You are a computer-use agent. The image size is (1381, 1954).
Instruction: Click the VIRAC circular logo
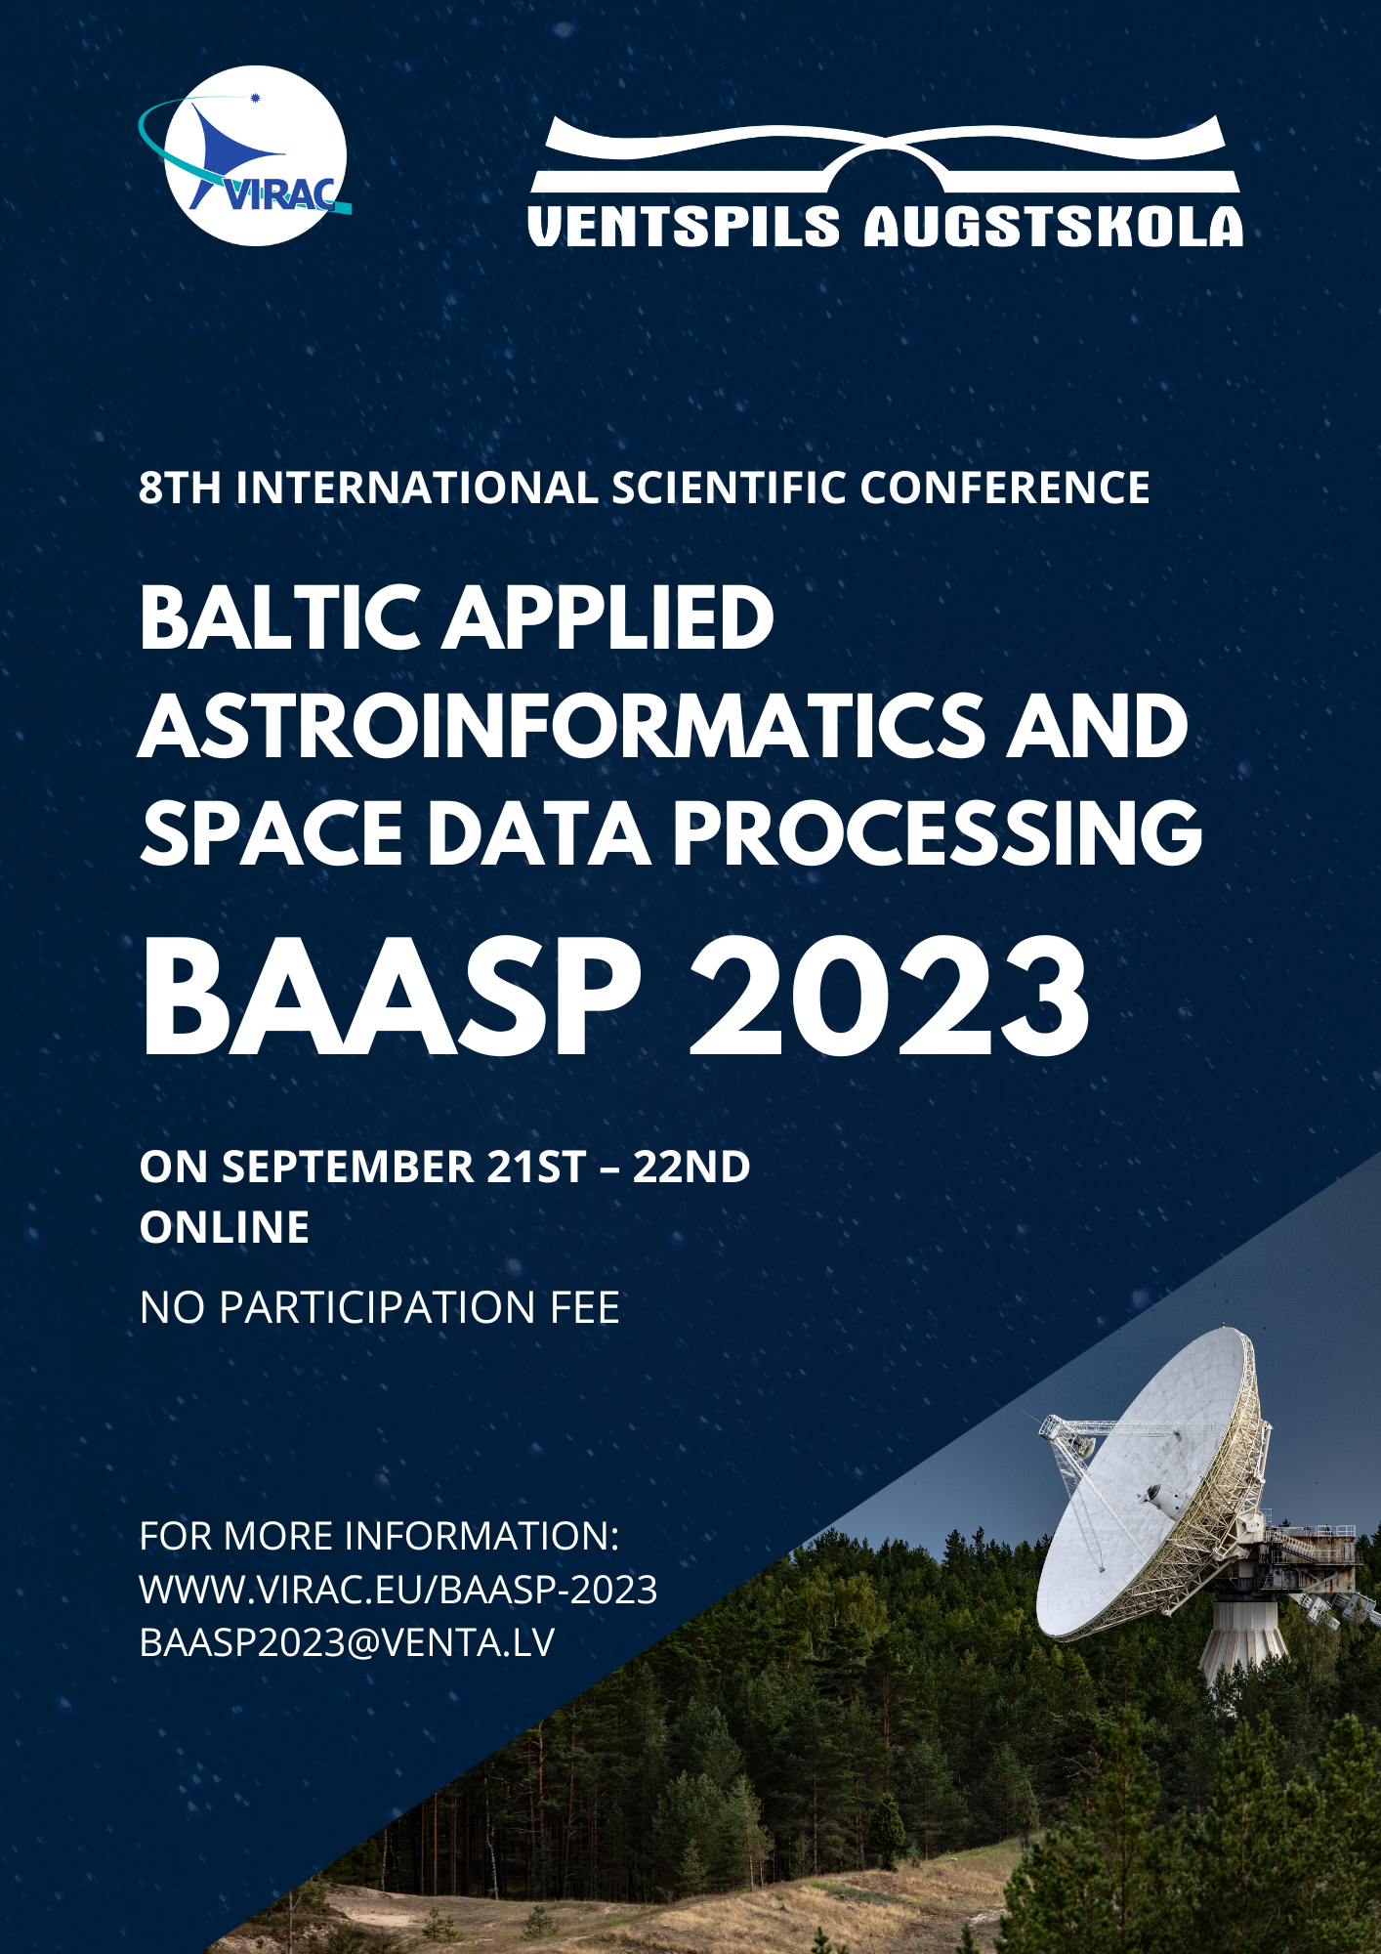pyautogui.click(x=252, y=155)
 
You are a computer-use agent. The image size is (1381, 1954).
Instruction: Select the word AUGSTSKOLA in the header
pyautogui.click(x=1054, y=226)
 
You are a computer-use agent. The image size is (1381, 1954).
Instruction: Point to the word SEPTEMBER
pyautogui.click(x=348, y=1167)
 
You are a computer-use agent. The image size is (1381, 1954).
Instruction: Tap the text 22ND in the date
pyautogui.click(x=691, y=1167)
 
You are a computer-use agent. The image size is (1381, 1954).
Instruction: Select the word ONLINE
pyautogui.click(x=225, y=1227)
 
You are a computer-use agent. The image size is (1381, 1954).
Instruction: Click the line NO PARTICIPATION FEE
pyautogui.click(x=380, y=1307)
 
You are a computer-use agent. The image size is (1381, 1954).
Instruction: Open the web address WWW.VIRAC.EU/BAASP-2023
pyautogui.click(x=398, y=1590)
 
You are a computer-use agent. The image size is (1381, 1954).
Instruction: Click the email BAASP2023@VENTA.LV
pyautogui.click(x=348, y=1642)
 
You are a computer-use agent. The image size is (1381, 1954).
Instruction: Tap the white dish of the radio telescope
pyautogui.click(x=1148, y=1480)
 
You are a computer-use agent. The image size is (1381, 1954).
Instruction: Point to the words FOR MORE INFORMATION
pyautogui.click(x=380, y=1536)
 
